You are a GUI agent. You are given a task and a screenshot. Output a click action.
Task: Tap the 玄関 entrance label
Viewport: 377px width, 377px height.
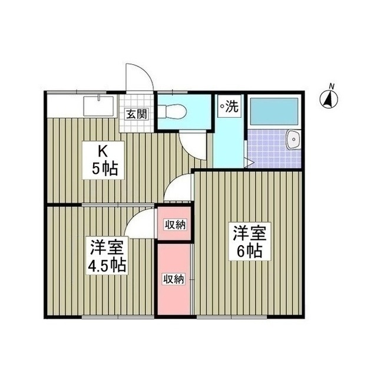(135, 114)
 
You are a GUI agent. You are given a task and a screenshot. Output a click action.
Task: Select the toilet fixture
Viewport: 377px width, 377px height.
(173, 110)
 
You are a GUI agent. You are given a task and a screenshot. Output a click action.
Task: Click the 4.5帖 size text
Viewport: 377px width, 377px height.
(107, 264)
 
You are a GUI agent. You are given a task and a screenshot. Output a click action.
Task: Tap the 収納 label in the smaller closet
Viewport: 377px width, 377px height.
(175, 224)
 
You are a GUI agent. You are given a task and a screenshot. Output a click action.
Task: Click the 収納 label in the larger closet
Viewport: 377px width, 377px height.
(175, 279)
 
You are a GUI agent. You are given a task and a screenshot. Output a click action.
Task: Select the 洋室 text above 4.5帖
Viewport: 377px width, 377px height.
(107, 245)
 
